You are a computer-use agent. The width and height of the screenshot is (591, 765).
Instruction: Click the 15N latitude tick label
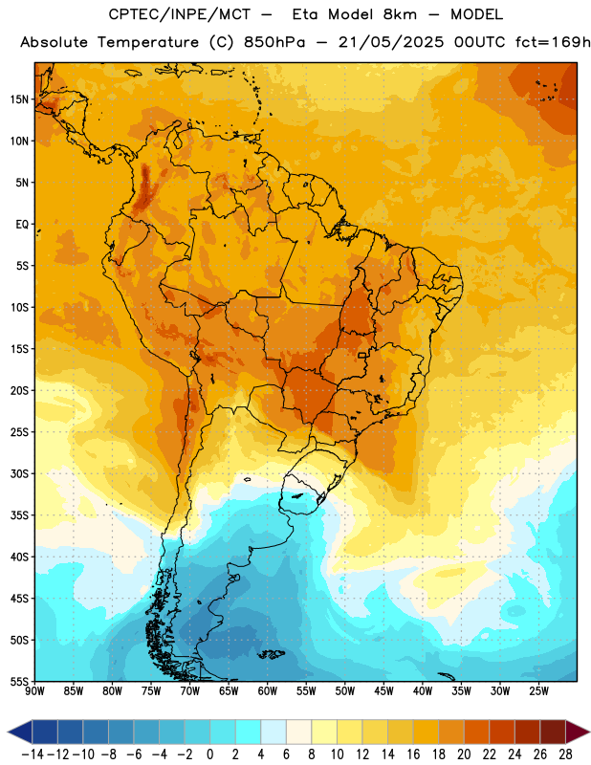pos(19,99)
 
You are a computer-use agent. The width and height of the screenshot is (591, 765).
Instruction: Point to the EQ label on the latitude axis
pos(22,225)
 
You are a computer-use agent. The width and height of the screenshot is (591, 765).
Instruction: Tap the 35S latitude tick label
pos(19,515)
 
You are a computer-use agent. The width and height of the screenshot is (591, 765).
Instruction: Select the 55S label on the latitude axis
pos(19,681)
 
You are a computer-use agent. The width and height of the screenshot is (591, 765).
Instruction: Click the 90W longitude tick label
pos(34,691)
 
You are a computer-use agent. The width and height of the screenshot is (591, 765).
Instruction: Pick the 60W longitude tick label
pos(268,691)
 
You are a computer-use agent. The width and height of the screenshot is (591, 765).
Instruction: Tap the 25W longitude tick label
pos(538,691)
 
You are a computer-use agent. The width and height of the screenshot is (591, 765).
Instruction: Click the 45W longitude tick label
pos(383,691)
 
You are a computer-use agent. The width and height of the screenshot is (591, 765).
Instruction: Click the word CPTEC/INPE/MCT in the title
pos(179,14)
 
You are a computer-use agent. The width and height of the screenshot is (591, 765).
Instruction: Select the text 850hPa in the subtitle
pos(274,42)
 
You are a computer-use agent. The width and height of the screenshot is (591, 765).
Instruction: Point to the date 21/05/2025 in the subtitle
pos(391,42)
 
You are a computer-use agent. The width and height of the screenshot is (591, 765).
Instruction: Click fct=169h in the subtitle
pos(553,42)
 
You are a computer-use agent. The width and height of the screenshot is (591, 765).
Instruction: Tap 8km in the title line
pos(400,14)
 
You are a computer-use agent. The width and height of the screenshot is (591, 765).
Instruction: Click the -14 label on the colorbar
pos(33,754)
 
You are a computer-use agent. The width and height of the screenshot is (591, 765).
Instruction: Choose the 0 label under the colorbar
pos(209,754)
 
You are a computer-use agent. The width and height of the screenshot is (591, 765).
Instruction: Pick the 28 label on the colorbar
pos(565,754)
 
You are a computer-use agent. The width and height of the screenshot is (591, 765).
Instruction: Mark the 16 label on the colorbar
pos(413,754)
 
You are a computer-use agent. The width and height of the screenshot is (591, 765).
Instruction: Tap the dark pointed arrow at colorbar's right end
pos(578,732)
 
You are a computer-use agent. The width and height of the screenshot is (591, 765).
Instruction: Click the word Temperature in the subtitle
pos(148,43)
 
